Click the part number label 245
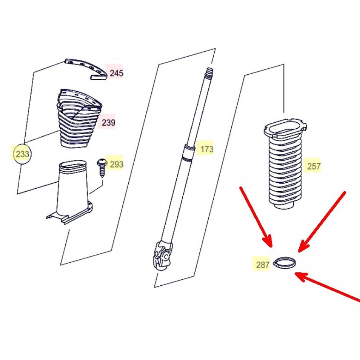pos(117,73)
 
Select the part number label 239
pos(108,122)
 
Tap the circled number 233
pos(22,154)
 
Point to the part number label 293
pos(117,164)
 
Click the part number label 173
pos(207,149)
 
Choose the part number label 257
pos(314,166)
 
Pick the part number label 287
pos(262,265)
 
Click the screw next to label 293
pos(101,167)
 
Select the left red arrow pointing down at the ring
pos(256,217)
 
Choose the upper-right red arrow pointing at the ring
pos(321,222)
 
